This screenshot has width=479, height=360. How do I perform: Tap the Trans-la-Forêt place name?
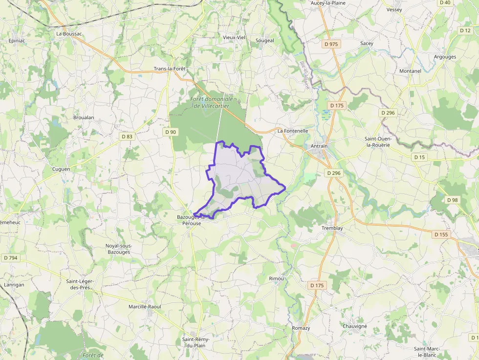170,69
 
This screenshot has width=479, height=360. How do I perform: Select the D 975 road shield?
331,44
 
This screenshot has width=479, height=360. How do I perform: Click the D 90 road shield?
171,132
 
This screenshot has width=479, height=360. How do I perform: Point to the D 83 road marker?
127,137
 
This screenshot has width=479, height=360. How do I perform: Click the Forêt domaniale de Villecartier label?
211,103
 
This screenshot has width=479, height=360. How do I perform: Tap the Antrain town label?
319,146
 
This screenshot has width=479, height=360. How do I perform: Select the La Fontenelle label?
293,131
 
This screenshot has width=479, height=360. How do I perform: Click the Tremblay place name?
332,228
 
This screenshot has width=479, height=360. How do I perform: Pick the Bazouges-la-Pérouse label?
189,220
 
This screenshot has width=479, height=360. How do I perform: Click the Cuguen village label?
61,169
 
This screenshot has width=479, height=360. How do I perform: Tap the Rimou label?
276,278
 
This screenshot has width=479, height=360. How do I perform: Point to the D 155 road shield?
441,234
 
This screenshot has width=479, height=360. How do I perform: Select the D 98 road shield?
452,200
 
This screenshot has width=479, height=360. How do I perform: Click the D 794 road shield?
10,257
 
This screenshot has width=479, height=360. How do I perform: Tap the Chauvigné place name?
354,326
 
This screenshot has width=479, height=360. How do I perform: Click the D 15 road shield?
419,157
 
